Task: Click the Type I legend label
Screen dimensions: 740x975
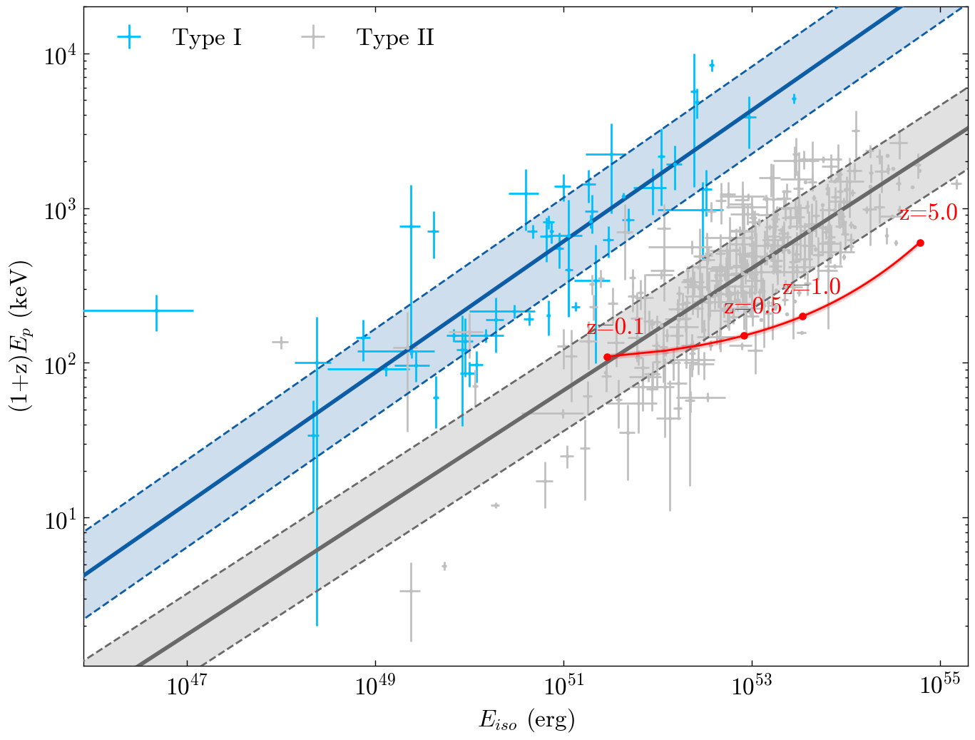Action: coord(207,38)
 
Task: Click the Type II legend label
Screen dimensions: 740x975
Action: coord(395,38)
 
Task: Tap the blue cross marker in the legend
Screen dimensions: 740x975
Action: coord(130,38)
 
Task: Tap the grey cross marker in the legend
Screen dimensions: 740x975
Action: coord(313,38)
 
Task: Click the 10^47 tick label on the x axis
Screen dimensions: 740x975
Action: coord(187,686)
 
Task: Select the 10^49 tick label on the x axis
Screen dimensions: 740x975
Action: coord(375,686)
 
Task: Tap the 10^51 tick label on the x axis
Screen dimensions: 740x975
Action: coord(563,686)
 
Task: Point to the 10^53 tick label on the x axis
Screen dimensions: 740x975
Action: coord(752,686)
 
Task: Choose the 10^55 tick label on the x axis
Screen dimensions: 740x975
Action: coord(939,686)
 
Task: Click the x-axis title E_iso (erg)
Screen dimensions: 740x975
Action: coord(526,720)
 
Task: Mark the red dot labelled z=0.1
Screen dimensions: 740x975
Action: coord(608,357)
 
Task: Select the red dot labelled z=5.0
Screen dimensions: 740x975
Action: coord(920,243)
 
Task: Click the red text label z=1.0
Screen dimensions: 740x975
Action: coord(812,288)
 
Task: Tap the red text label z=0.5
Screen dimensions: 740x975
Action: coord(752,307)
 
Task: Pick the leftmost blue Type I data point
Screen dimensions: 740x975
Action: coord(156,310)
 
